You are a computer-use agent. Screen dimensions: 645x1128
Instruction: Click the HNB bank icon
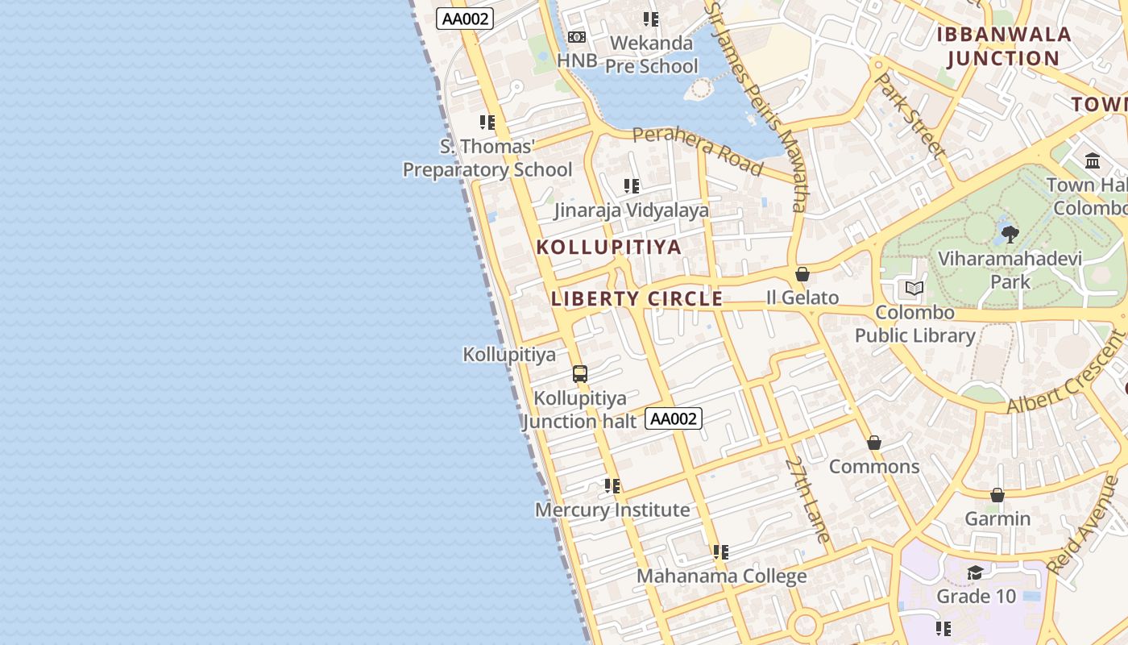(576, 37)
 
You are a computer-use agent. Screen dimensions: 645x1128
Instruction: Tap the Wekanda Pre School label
(651, 54)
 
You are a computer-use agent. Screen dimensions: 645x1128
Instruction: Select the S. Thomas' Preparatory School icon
(487, 123)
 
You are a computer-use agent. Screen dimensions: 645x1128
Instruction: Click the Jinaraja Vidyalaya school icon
(632, 186)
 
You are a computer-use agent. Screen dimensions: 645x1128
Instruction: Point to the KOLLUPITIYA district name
(609, 248)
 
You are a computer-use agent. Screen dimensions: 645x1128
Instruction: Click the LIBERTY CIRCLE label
(637, 299)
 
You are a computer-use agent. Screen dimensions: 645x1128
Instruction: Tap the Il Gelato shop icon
(802, 275)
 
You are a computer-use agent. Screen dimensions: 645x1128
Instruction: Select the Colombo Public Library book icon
(914, 289)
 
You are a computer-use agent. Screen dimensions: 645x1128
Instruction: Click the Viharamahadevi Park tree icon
(1010, 235)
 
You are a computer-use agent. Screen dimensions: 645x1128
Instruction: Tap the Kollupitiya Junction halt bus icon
(580, 374)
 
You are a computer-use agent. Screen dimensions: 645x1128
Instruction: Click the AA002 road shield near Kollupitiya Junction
(674, 418)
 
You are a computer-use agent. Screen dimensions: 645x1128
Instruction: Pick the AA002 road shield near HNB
(465, 19)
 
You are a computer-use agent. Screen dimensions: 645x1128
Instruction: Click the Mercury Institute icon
(612, 486)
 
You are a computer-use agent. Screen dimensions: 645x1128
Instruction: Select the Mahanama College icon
(721, 552)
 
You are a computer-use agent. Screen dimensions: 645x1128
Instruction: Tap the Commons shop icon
(874, 443)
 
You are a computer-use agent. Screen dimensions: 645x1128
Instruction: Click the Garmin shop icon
(997, 495)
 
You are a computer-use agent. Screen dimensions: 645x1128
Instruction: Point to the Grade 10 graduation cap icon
(975, 572)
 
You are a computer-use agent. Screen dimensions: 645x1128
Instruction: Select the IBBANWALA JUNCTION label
(1003, 46)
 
